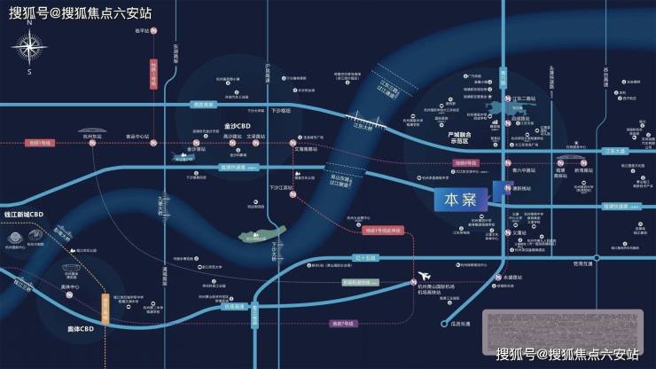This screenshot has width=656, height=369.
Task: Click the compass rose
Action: point(29,48)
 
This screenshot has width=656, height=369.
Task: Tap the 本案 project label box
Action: point(459,199)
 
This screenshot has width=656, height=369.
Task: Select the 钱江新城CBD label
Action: point(24,216)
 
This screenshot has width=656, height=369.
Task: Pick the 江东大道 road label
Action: point(621,152)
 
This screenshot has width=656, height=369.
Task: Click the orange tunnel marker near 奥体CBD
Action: point(105,310)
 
